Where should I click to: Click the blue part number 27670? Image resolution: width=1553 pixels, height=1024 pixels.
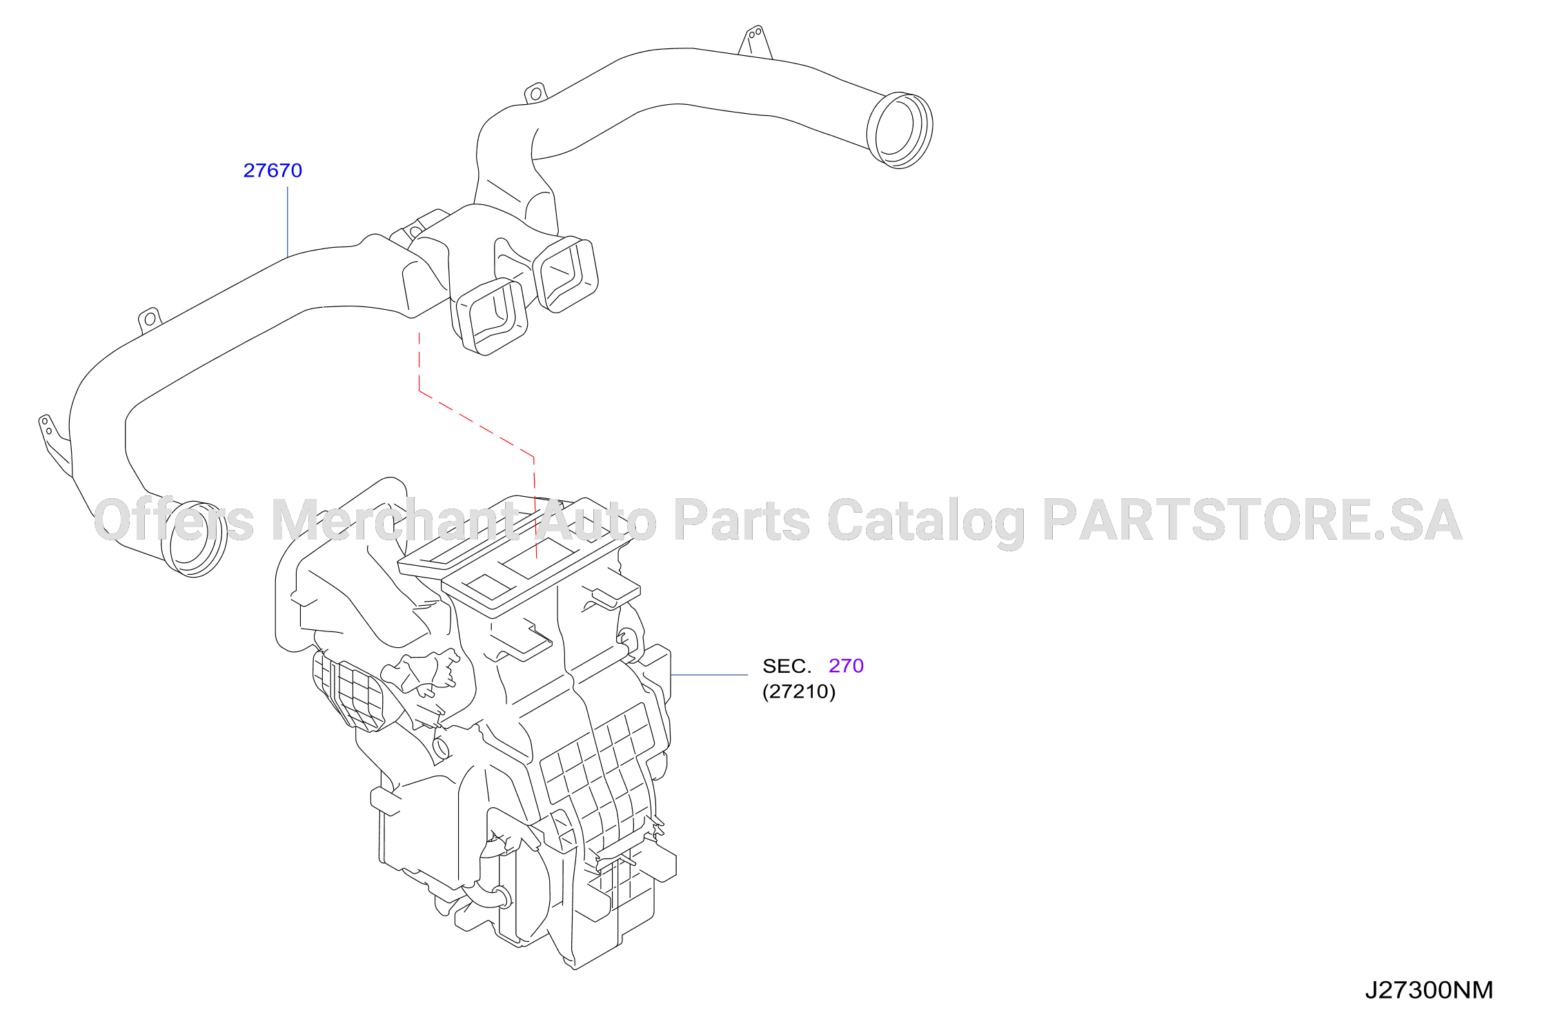click(x=273, y=170)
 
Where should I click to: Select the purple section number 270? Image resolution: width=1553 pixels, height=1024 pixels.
click(x=846, y=666)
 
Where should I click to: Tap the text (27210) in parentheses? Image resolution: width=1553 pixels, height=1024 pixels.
click(x=799, y=691)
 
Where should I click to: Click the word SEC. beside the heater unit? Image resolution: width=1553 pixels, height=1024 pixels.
click(x=787, y=666)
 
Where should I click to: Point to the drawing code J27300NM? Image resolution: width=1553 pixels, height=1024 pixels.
click(x=1429, y=990)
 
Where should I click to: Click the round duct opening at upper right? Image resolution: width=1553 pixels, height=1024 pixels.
click(x=900, y=130)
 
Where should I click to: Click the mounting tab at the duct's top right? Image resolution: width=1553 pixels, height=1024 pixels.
click(x=755, y=41)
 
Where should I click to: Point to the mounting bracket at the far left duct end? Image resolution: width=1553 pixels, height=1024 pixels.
click(x=54, y=444)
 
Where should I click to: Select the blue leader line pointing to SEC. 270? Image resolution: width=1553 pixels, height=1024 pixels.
click(x=709, y=675)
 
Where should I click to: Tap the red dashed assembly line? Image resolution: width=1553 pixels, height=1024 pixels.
click(x=476, y=424)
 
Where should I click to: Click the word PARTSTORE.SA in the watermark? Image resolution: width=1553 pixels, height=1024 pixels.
click(x=1252, y=520)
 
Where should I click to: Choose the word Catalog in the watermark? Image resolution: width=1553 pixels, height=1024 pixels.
click(x=926, y=522)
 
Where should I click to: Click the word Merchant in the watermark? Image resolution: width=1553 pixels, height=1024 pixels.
click(x=396, y=520)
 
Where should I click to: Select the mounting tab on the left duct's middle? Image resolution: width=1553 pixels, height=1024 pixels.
click(x=150, y=320)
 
